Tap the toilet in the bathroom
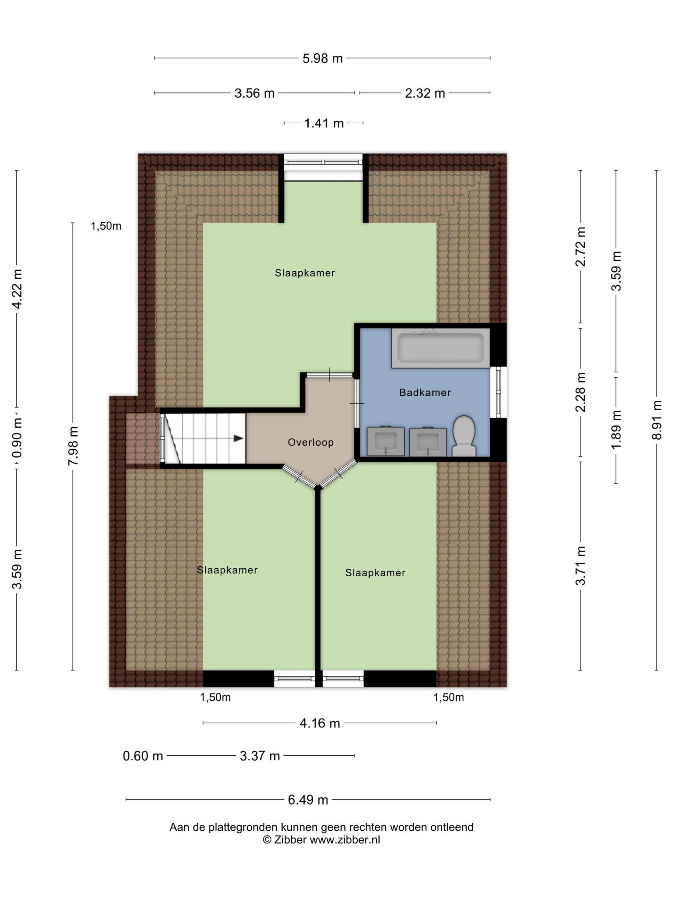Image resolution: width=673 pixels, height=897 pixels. pos(464,436)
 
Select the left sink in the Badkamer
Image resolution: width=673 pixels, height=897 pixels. pos(386,441)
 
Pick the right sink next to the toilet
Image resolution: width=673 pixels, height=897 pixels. pos(428,441)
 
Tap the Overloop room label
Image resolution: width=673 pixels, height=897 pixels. pos(311,442)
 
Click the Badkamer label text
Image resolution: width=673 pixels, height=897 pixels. pos(425,392)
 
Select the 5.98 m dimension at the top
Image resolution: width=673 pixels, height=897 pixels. pos(322,58)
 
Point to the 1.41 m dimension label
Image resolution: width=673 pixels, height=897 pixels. pos(324,123)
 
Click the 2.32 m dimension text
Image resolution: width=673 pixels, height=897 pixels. pos(425,93)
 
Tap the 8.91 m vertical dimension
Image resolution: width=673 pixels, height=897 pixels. pos(657,420)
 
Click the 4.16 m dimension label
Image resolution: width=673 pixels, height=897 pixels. pos(320,723)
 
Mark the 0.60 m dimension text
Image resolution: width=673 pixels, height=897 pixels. pos(143,756)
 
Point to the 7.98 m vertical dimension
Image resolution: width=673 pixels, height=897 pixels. pos(73,446)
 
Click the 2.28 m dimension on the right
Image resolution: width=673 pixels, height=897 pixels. pos(580,392)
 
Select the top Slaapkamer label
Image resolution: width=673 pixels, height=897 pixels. pos(305,273)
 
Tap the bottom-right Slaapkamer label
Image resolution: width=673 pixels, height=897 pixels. pos(375,572)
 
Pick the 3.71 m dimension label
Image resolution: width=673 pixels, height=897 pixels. pos(580,566)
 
